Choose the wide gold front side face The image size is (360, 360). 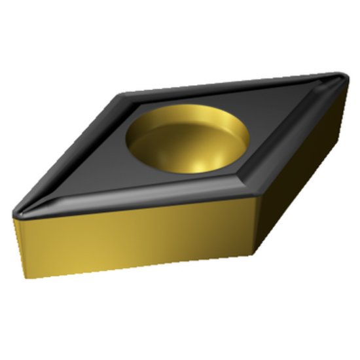[131, 239]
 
